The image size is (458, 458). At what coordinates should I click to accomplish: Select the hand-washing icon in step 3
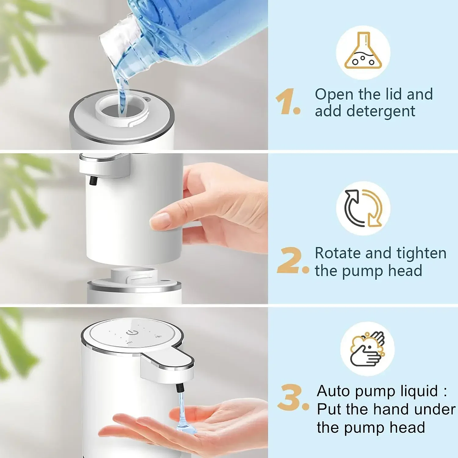coord(367,348)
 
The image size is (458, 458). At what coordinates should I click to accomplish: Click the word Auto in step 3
coord(334,391)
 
